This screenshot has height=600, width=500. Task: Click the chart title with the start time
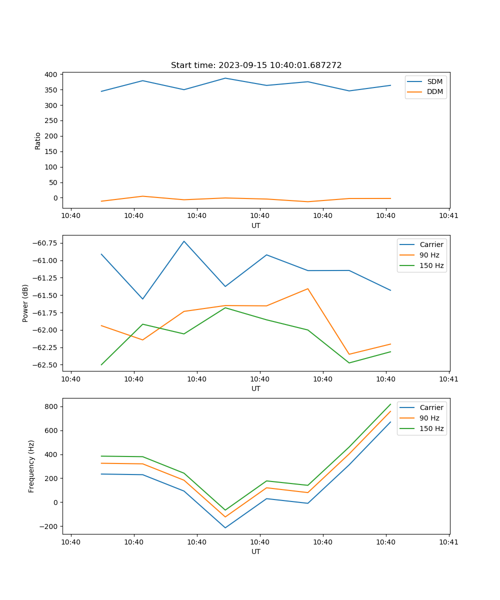(256, 65)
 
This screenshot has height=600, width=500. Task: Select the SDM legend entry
(434, 81)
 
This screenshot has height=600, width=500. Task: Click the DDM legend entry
(434, 92)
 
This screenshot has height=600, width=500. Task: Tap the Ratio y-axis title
(38, 140)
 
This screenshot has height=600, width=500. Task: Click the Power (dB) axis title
(25, 303)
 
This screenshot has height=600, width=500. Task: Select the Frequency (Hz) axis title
(31, 466)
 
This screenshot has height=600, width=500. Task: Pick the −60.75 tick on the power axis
(45, 243)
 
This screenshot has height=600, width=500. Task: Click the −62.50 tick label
(45, 365)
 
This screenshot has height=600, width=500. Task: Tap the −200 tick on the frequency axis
(49, 526)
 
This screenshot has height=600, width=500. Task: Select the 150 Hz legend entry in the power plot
(431, 265)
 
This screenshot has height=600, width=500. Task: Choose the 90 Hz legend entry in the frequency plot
(429, 418)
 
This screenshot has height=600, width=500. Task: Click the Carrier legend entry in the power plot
(431, 244)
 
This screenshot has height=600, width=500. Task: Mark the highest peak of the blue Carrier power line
(184, 241)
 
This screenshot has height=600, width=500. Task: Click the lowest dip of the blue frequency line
(225, 528)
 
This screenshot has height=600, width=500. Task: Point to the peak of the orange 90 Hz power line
(307, 288)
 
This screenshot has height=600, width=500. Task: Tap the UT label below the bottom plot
(256, 551)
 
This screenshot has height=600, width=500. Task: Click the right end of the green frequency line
(390, 404)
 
